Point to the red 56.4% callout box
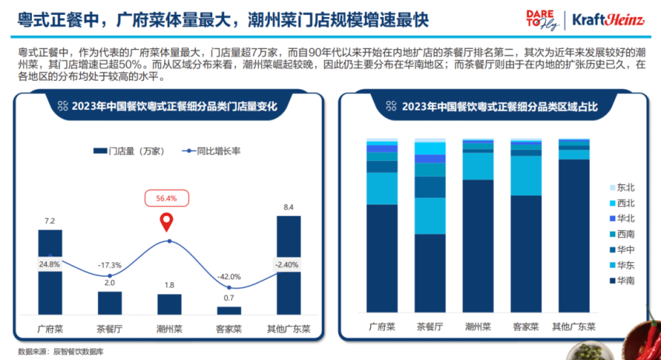pos(166,198)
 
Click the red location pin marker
pos(166,223)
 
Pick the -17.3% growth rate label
pos(109,265)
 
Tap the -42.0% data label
pos(229,277)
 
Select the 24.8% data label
pos(50,264)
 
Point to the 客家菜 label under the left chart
pos(229,328)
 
